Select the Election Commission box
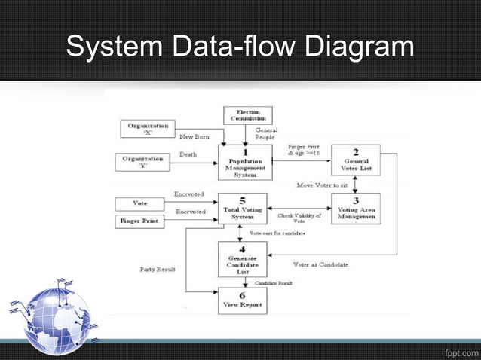248,115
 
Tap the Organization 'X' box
149,129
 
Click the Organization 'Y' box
142,162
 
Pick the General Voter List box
356,161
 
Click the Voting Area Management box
356,209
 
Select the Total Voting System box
243,209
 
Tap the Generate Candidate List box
242,259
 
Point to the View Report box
242,300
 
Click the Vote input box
140,203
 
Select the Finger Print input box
140,221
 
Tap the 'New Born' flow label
195,136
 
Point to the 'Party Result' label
158,269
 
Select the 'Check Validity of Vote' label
299,218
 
